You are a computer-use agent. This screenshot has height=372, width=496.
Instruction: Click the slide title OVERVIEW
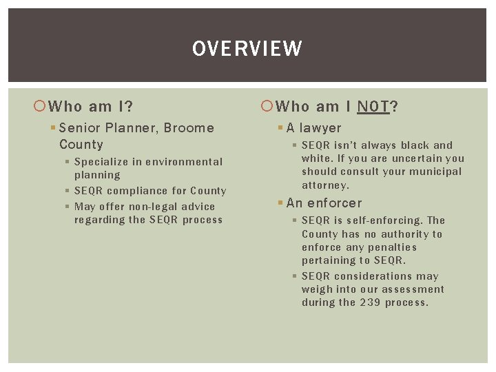pyautogui.click(x=247, y=49)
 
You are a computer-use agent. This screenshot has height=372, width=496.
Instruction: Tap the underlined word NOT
pyautogui.click(x=373, y=106)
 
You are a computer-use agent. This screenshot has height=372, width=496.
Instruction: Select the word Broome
pyautogui.click(x=189, y=127)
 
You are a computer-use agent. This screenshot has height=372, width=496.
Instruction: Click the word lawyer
pyautogui.click(x=320, y=127)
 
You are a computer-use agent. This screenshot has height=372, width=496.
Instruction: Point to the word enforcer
pyautogui.click(x=334, y=203)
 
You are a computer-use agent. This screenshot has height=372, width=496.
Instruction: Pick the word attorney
pyautogui.click(x=325, y=185)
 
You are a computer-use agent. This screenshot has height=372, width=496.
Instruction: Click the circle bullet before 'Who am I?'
pyautogui.click(x=40, y=106)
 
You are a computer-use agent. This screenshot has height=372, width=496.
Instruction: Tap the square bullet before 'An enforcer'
pyautogui.click(x=281, y=203)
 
